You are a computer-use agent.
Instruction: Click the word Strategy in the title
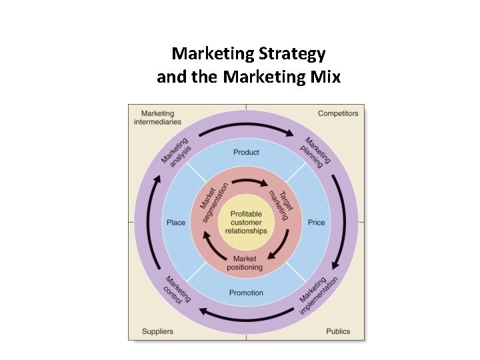click(293, 53)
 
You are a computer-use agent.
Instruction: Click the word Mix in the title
click(325, 77)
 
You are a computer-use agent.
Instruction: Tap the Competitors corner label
click(338, 113)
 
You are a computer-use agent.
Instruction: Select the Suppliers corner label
click(157, 331)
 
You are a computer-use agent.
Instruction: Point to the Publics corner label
click(338, 331)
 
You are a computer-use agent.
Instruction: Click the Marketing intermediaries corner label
click(157, 117)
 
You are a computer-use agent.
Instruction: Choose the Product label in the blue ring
click(246, 153)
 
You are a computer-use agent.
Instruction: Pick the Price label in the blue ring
click(317, 222)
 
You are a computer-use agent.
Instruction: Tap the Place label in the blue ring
click(176, 222)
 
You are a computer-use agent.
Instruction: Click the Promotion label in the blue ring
click(246, 293)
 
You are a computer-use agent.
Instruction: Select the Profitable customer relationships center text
click(246, 222)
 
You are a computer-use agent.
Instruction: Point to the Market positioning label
click(245, 263)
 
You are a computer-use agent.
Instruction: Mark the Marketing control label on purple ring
click(176, 291)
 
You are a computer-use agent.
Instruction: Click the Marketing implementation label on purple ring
click(319, 295)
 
